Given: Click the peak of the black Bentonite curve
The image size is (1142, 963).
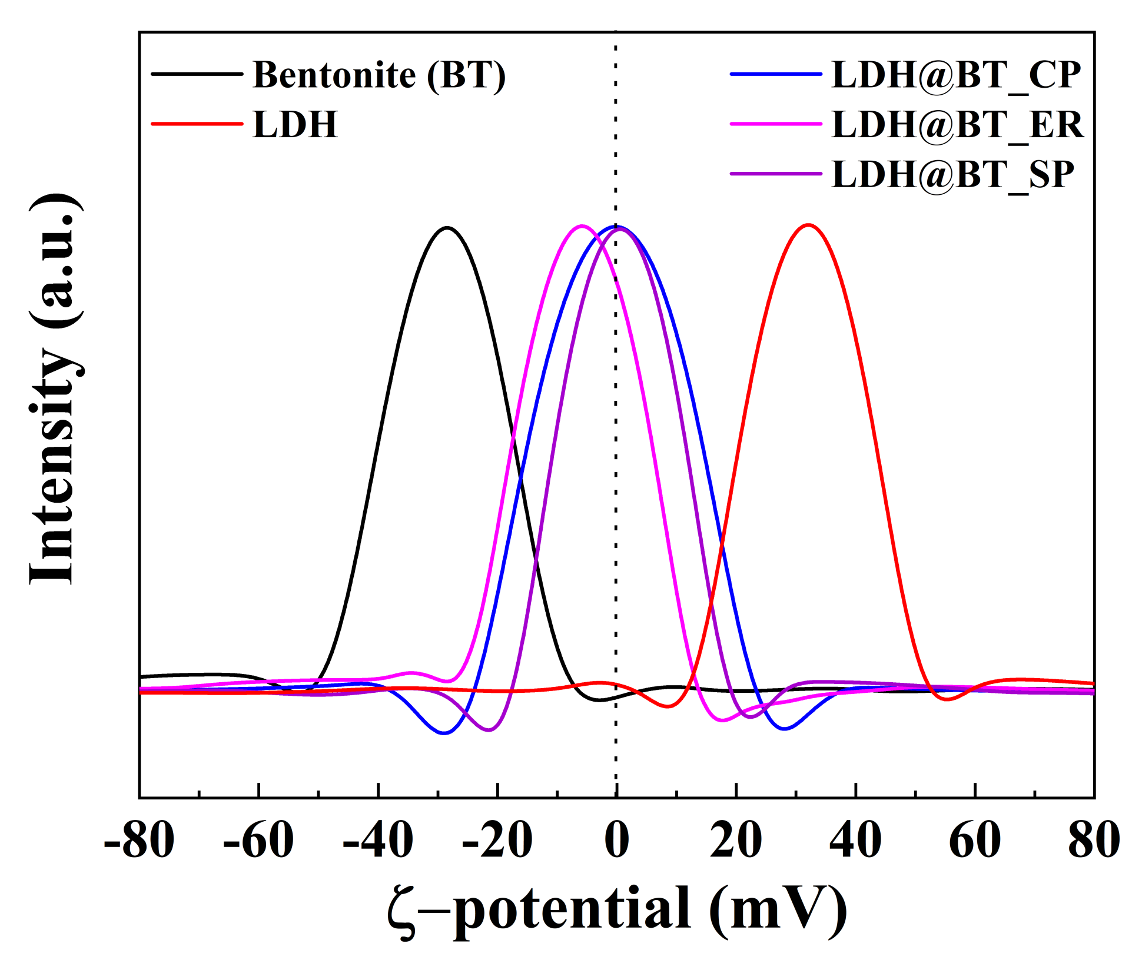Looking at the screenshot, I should point(447,227).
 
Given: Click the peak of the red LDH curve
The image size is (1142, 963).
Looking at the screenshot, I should point(809,224).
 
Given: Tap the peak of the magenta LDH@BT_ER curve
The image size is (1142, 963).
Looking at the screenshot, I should point(582,225).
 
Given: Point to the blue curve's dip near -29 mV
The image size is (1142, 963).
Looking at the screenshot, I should point(444,733).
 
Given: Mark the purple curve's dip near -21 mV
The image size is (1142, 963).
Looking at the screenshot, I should point(489,730).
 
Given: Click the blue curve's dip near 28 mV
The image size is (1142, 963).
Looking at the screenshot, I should point(784,729).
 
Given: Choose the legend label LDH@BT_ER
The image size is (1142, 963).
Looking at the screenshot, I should point(957,124).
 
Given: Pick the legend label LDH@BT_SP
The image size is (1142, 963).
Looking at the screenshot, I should point(952,174).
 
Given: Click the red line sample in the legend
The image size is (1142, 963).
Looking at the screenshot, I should point(197,124).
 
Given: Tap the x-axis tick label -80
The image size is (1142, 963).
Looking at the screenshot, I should point(140,841).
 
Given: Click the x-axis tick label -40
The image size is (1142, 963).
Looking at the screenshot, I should point(378,841).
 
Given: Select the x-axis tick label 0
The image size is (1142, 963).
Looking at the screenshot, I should point(617,841).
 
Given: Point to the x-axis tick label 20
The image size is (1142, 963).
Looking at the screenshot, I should point(736,841).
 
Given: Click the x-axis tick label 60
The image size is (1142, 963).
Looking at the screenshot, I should point(975,841).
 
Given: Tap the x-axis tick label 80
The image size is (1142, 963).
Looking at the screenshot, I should point(1094,841).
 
